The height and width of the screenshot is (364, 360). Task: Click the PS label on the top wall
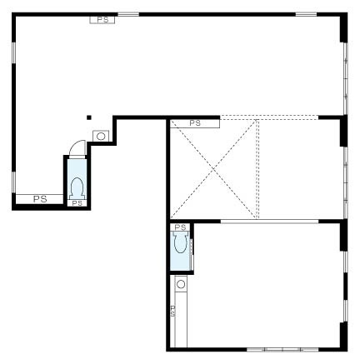102,20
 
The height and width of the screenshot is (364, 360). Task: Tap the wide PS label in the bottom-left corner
40,199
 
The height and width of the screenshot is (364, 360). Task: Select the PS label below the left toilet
77,203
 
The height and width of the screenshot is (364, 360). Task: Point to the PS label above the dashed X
195,123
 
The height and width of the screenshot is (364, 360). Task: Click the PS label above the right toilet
180,227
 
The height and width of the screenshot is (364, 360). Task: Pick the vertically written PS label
172,311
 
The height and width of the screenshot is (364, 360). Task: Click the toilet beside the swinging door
77,188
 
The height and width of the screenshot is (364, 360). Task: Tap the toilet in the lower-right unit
180,242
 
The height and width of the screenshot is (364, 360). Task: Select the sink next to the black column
101,137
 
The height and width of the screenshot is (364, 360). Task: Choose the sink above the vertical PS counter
181,284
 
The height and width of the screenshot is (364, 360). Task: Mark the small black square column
89,117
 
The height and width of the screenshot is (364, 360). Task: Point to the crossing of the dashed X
213,169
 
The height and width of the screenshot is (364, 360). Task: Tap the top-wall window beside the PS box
128,14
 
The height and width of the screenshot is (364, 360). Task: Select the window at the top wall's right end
306,14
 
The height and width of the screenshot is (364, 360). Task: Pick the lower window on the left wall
13,182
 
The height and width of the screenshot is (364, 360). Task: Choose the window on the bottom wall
282,349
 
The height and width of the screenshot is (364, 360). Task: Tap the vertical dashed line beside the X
257,169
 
